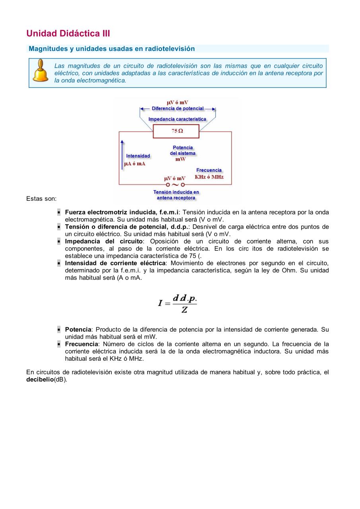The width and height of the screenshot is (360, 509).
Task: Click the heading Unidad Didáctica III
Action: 68,33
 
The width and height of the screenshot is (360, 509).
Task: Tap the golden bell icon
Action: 40,71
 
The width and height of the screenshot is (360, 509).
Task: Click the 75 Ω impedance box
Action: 177,131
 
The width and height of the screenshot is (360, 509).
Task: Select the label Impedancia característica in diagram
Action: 177,119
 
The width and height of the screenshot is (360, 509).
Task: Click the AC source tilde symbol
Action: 175,185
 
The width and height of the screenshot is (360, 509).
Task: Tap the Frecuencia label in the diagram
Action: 209,170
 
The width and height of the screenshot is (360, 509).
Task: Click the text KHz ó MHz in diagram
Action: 209,177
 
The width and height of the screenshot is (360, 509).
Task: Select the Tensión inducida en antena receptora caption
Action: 176,195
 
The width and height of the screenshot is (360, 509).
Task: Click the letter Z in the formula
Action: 185,310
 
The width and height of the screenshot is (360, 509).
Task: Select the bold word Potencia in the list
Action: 78,330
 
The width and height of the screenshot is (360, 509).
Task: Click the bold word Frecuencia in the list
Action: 82,344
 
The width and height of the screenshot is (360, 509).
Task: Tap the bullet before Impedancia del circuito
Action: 58,241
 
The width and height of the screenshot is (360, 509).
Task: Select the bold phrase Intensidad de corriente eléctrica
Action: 115,263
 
